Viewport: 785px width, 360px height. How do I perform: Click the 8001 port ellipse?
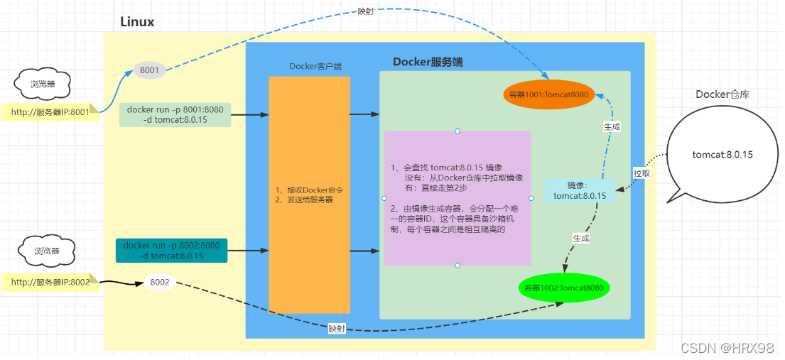[150, 70]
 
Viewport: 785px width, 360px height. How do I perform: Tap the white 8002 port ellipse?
[160, 283]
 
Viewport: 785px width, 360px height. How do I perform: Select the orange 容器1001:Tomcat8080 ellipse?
[548, 94]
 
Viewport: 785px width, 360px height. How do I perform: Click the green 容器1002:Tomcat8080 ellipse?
[565, 288]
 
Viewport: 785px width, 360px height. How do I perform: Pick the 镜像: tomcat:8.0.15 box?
[580, 191]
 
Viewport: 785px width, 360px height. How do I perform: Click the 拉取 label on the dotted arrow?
[641, 173]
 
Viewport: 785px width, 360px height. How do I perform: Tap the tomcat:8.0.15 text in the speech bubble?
[722, 154]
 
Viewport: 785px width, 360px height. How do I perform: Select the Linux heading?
[137, 22]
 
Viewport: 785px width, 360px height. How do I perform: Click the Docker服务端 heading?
[428, 62]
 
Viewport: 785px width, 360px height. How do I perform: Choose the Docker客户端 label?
[315, 67]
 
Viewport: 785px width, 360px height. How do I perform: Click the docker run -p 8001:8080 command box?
[175, 115]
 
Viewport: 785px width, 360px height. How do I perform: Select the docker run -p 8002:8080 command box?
[172, 251]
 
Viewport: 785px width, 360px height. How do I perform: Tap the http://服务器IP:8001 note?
[50, 111]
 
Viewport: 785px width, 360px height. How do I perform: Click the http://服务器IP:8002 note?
[50, 283]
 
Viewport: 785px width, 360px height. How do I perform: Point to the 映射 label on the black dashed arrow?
[337, 329]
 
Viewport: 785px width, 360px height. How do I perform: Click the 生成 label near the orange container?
[611, 126]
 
